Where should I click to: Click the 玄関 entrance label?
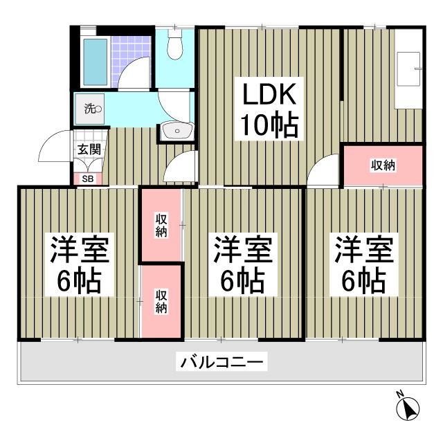coord(89,149)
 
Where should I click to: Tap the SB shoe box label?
coord(89,179)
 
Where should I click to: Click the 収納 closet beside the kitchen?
coord(383,165)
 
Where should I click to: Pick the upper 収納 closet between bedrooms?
coord(161,226)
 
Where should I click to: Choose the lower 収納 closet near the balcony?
coord(161,302)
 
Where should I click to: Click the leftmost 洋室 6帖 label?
coord(78,264)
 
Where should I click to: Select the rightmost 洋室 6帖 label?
coord(364,264)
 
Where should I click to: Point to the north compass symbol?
coord(409,408)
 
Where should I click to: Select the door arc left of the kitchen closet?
coord(325,171)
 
